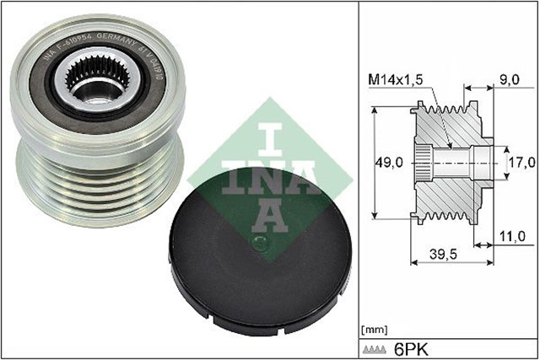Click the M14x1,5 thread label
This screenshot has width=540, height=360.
coord(396,78)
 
